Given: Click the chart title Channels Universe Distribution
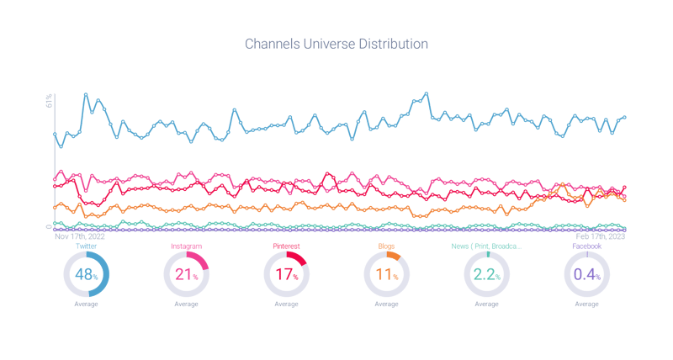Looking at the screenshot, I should (336, 42).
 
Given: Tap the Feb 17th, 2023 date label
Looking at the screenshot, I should (599, 237).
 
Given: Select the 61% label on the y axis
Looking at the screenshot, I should (50, 100).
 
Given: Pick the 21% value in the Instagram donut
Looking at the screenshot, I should (186, 275).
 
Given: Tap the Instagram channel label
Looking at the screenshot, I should (186, 246).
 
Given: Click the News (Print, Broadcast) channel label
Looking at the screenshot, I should (487, 246).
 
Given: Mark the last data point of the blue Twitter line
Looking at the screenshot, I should (625, 118).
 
